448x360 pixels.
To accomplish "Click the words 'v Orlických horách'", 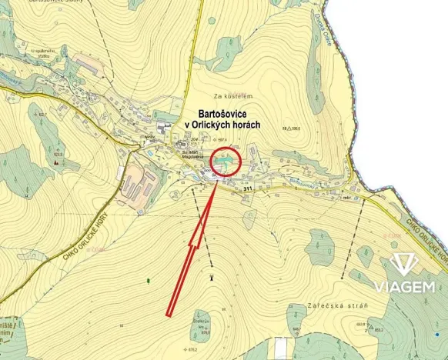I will click(x=222, y=124).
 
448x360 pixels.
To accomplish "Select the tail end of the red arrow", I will click(x=169, y=312).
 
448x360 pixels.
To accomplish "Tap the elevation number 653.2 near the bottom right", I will click(x=380, y=328).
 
